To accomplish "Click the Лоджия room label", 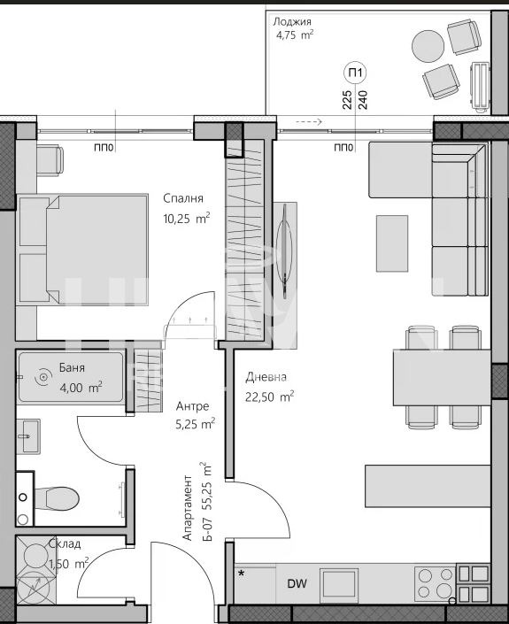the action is coord(292,21).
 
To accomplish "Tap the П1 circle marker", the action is coord(355,73).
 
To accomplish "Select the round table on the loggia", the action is coord(428,46).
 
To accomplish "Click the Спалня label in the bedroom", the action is coord(183,198).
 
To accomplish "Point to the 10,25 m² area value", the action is coord(187,218).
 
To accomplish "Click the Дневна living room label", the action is coord(266,376).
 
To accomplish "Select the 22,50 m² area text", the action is coord(269,397).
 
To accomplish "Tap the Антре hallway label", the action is coord(193,406).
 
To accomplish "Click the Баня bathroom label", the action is coord(72,367).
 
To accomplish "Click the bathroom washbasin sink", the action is coord(27,435).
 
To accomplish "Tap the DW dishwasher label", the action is coord(297,584).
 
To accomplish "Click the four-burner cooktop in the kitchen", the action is coord(435,584).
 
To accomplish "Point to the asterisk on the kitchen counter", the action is coord(241,574).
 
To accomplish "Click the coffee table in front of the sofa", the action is coord(392,243).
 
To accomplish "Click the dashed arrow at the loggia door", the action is coord(309,122).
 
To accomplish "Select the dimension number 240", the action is coord(363,100).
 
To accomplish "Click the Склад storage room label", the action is coord(64,543).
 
